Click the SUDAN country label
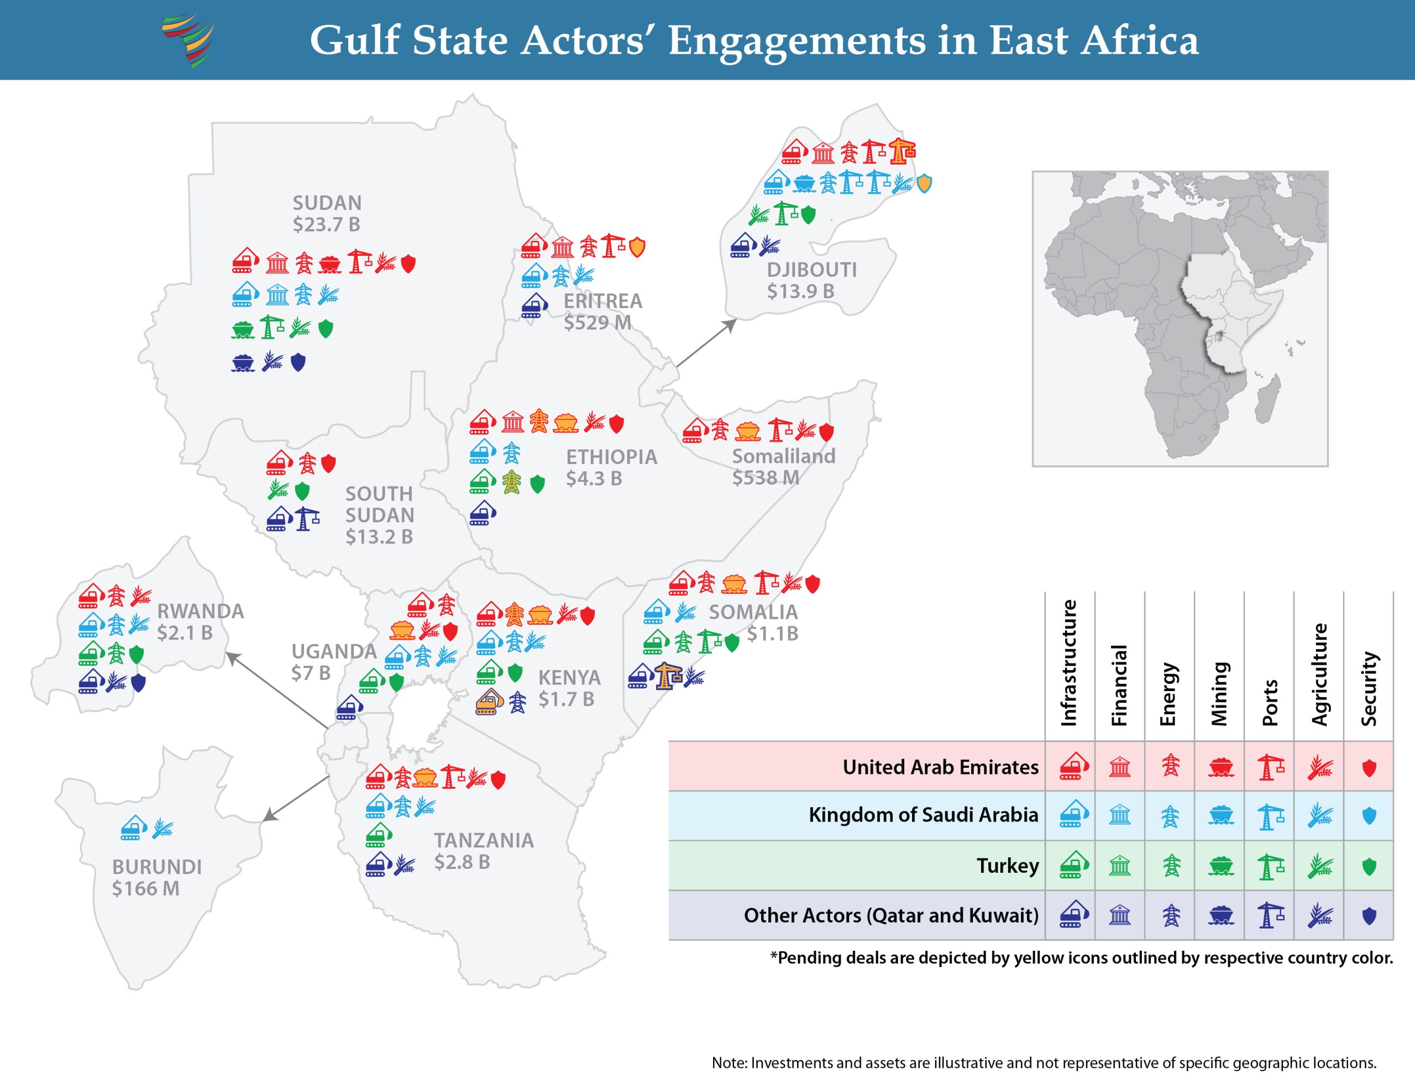(x=327, y=203)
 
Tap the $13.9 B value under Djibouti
(x=800, y=291)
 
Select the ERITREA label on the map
(x=602, y=301)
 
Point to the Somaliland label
(x=784, y=456)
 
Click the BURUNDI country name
(x=157, y=867)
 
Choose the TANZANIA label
(x=484, y=840)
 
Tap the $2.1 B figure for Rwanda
(x=185, y=633)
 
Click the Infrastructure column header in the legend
(x=1068, y=663)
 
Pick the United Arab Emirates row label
(x=940, y=767)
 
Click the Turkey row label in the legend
(x=1007, y=866)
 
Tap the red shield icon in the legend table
(x=1369, y=767)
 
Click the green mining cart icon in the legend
(x=1220, y=866)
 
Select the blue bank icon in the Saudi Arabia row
(x=1119, y=815)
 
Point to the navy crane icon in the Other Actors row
(x=1270, y=915)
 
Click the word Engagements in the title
(x=796, y=40)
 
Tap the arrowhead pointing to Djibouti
(x=731, y=324)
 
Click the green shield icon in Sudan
(x=326, y=329)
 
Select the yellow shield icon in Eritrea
(x=637, y=247)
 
